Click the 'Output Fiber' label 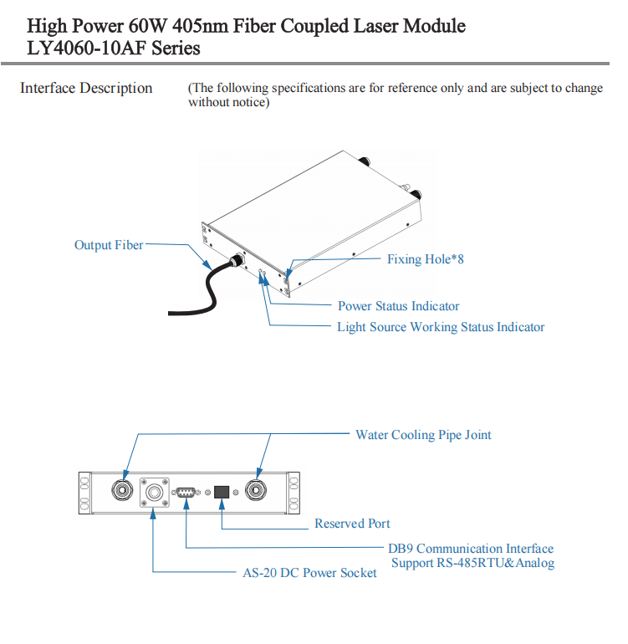coord(109,245)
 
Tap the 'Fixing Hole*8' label coord(425,259)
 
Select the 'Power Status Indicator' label coord(398,306)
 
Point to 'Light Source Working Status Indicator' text coord(441,327)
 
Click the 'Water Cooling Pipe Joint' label coord(423,435)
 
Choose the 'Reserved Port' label coord(352,524)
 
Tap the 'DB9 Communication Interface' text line coord(471,549)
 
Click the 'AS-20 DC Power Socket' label coord(309,573)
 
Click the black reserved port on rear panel coord(222,492)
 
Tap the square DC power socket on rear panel coord(154,493)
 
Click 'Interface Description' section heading coord(86,88)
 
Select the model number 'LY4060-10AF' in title coord(88,48)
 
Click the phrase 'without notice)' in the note coord(228,102)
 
